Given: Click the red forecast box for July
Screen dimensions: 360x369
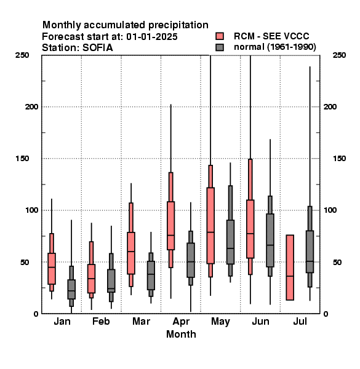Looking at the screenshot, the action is [290, 268].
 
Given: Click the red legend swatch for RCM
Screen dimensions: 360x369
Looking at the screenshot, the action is [220, 36].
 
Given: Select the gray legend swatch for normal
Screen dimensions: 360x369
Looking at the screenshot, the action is [220, 47].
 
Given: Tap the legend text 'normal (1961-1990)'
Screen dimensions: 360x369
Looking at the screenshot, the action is [274, 47].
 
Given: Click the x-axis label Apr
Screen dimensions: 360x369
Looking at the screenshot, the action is [181, 322].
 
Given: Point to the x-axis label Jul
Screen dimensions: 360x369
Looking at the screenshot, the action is [300, 321].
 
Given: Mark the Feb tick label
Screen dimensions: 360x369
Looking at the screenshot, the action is [101, 321].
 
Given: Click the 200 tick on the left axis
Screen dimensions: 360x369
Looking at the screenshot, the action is [31, 107].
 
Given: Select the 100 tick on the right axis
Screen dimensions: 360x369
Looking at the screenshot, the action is [330, 210].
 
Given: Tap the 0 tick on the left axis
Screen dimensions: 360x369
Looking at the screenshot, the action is [36, 314].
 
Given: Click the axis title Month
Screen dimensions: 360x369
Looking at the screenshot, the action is [181, 334].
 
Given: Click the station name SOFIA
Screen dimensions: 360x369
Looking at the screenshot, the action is [97, 48].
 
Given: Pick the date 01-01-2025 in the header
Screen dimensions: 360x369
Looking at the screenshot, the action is [152, 37].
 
